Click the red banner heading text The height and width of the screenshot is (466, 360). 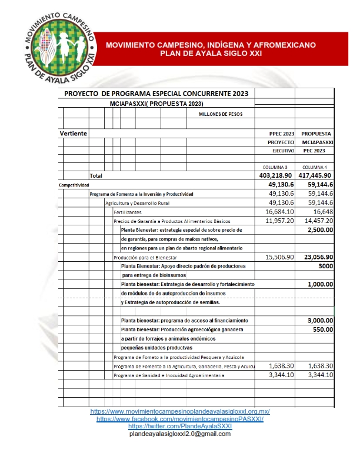(x=211, y=49)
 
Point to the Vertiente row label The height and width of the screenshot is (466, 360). (x=74, y=134)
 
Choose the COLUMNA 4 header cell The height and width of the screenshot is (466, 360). (x=316, y=167)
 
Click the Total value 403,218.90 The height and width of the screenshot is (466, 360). (x=276, y=175)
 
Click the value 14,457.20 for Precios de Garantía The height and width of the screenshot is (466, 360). (x=316, y=221)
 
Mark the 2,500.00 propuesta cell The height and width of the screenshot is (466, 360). (x=320, y=230)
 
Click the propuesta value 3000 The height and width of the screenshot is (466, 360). (x=325, y=266)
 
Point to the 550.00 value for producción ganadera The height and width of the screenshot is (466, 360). (x=323, y=329)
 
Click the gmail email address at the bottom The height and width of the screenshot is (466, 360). (x=179, y=434)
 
